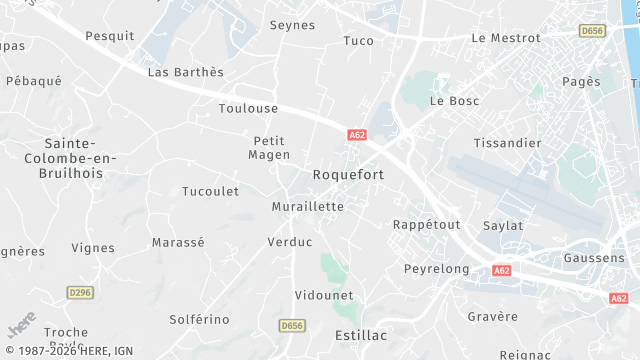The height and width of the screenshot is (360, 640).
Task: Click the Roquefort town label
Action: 348,174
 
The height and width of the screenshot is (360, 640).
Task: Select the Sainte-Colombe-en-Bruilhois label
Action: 81,158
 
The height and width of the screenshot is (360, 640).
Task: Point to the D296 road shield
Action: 79,292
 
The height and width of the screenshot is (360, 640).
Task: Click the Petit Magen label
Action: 271,148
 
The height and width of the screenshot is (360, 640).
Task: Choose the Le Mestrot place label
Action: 505,38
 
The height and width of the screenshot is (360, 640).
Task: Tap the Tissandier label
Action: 507,143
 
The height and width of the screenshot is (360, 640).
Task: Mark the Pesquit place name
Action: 110,36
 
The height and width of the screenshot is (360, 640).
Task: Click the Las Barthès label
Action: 186,72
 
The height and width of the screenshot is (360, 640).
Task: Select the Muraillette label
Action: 308,207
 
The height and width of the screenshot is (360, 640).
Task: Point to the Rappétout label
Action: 427,224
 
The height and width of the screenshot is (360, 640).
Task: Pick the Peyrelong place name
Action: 436,270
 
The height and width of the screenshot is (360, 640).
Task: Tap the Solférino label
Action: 199,320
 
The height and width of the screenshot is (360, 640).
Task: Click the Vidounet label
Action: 324,295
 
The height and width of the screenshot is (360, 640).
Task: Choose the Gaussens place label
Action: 594,258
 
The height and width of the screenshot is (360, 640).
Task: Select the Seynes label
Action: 292,24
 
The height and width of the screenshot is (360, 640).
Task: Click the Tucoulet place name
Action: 210,191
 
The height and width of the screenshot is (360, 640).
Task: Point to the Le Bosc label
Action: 455,101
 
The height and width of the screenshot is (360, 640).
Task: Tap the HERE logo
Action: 22,326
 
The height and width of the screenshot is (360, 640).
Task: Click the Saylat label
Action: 503,226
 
